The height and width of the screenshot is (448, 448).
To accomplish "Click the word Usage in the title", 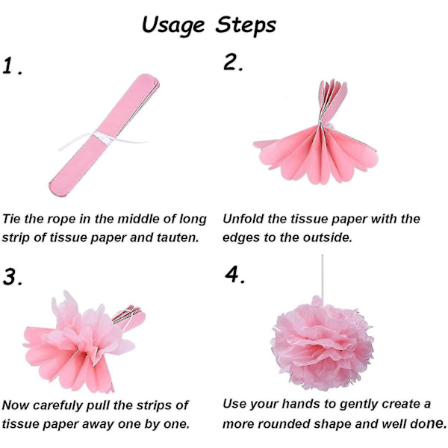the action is (x=173, y=25).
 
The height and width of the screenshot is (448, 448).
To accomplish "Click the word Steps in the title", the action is (x=246, y=25).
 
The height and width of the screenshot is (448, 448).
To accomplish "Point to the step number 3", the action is (x=11, y=276).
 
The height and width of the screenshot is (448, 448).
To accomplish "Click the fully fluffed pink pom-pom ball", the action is (x=322, y=344).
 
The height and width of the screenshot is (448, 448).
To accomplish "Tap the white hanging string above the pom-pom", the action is (x=323, y=276).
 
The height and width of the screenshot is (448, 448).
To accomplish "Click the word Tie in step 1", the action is (x=11, y=219).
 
